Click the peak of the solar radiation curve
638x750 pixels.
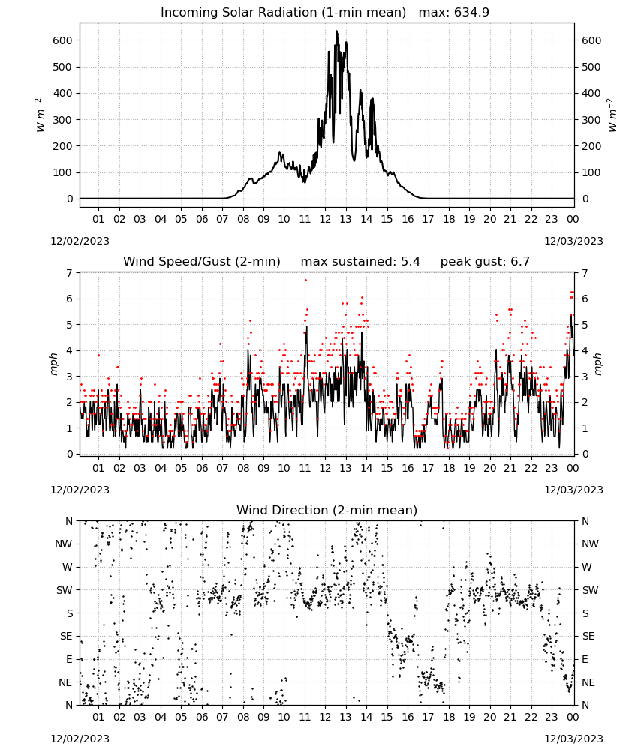point(336,31)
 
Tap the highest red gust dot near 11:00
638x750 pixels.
point(305,280)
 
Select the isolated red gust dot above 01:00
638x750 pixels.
point(98,355)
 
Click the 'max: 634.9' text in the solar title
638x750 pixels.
point(454,12)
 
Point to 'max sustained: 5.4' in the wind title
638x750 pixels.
point(360,261)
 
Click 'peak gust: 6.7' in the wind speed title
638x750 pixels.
point(485,261)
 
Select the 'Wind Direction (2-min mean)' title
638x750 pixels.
point(327,510)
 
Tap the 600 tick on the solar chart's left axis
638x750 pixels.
point(63,40)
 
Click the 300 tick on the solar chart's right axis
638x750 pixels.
point(591,120)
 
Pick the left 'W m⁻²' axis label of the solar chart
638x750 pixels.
point(41,115)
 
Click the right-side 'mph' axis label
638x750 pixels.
point(598,364)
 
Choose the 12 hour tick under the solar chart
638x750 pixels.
point(325,219)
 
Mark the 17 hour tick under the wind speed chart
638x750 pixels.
point(428,468)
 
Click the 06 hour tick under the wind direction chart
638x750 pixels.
point(202,717)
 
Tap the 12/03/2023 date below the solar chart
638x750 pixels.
point(573,241)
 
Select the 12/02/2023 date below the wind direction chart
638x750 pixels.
point(80,739)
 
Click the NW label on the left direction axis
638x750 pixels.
point(64,544)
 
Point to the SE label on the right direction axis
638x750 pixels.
point(588,636)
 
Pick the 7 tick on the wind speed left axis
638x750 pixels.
point(70,273)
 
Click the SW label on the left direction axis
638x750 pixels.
point(64,590)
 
